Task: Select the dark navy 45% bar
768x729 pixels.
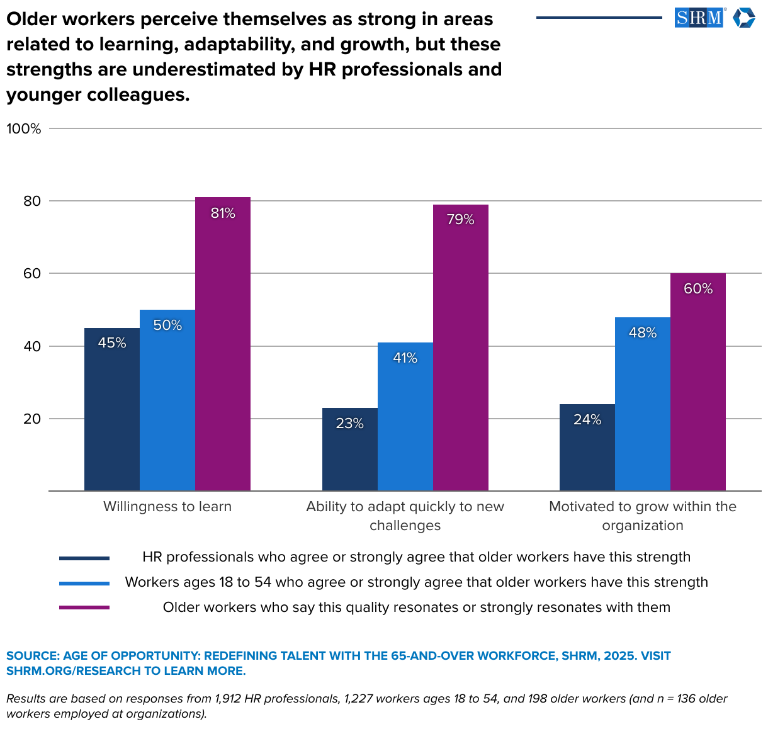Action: coord(112,409)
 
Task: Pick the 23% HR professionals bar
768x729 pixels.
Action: coord(349,449)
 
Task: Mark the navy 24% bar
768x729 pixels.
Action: coord(587,448)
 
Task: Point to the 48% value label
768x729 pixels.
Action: coord(643,333)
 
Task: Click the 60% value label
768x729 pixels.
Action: coord(698,289)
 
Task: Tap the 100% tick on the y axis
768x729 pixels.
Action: coord(24,129)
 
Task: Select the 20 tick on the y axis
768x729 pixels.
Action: coord(32,419)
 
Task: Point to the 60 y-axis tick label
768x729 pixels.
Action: coord(32,274)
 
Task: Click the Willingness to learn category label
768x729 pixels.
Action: coord(167,507)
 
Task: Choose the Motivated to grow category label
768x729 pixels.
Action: coord(643,516)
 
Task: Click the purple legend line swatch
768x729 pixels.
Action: coord(84,607)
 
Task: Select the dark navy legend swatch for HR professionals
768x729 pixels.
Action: coord(84,558)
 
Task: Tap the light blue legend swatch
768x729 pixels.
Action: coord(84,583)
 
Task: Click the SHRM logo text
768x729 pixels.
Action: coord(699,18)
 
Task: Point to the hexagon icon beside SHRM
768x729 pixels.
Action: coord(743,18)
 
